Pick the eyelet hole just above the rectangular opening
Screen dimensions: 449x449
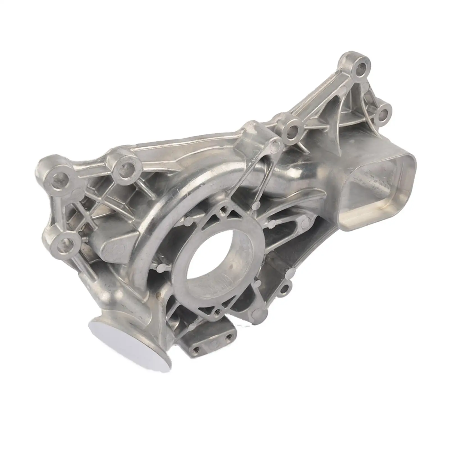[x=383, y=114]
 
